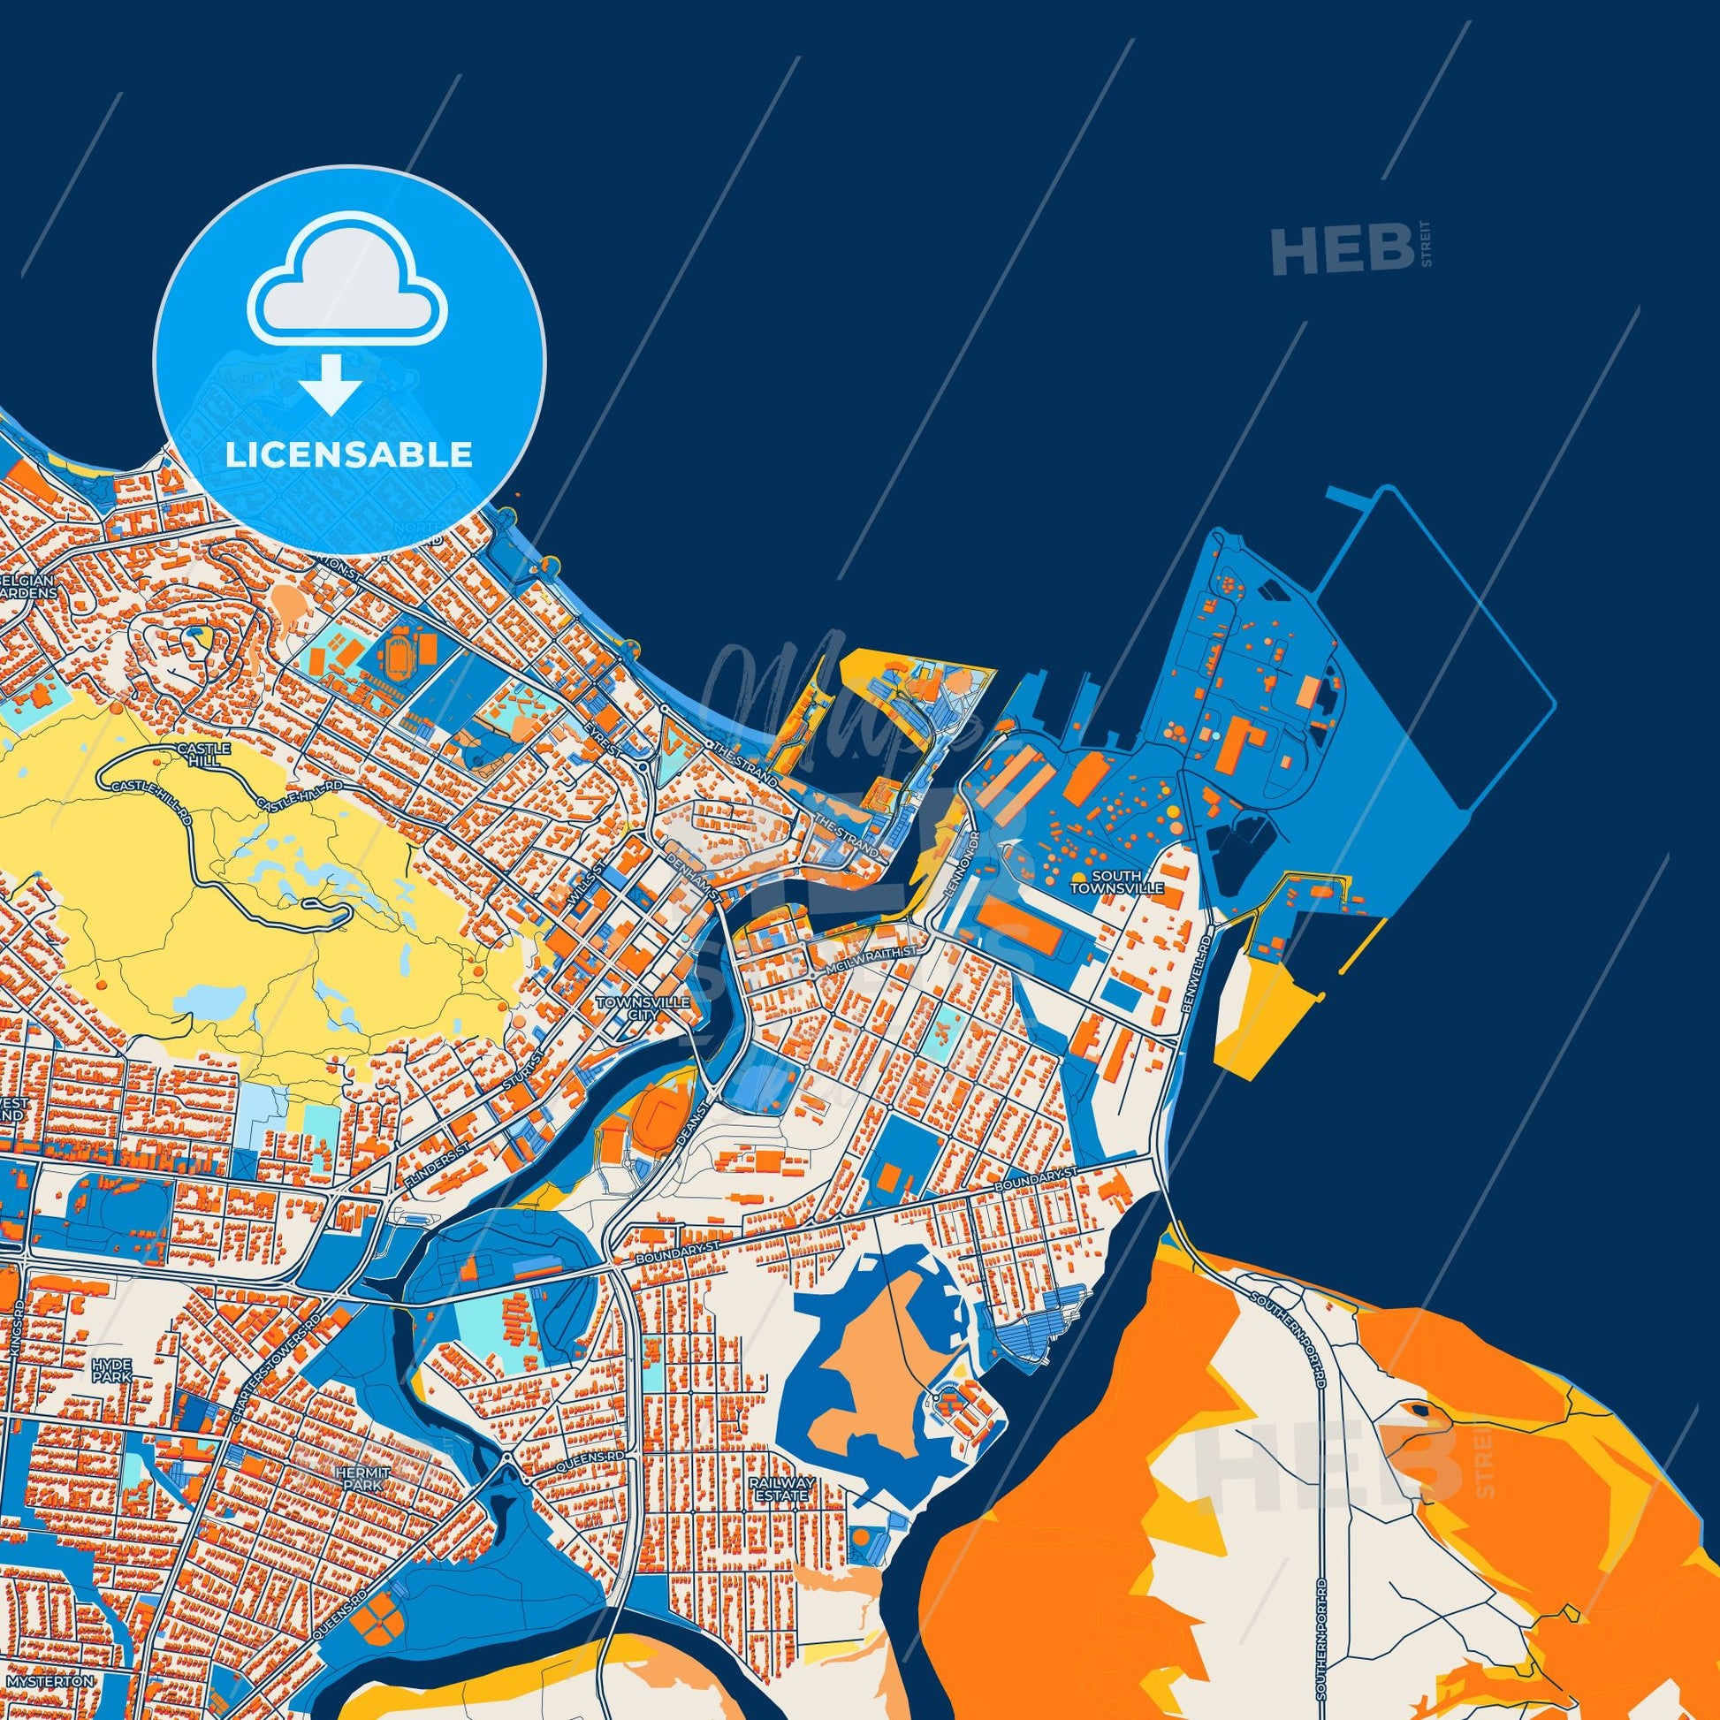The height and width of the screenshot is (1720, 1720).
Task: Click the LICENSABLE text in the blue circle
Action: click(348, 455)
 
